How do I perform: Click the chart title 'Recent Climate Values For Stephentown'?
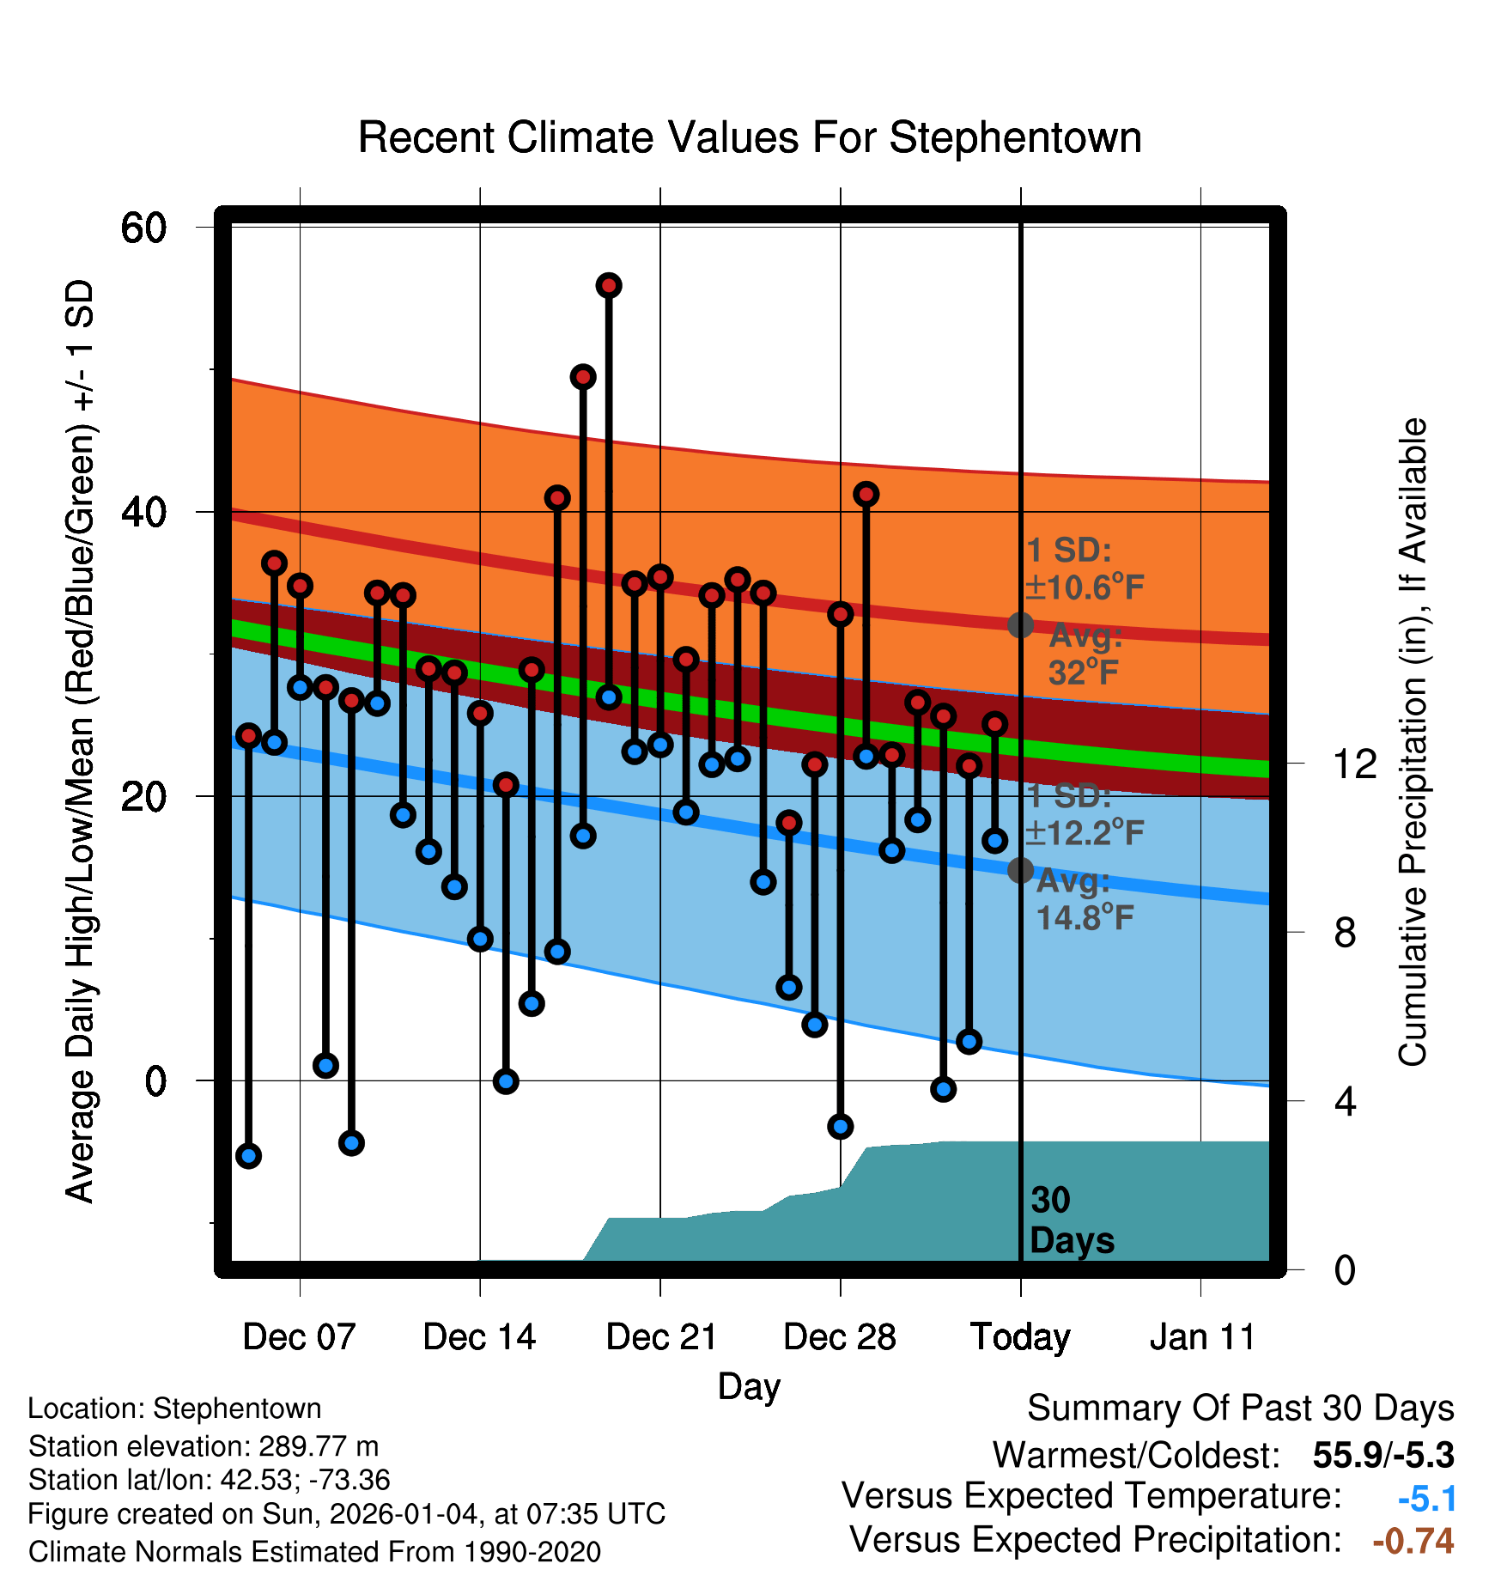coord(750,137)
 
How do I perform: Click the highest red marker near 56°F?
coord(609,285)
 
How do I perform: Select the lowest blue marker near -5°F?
coord(248,1155)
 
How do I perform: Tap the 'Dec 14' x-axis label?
coord(479,1336)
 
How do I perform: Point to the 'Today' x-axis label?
coord(1020,1336)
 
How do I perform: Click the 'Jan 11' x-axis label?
coord(1201,1336)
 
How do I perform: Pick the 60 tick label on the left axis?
coord(143,228)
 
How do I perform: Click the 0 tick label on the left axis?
coord(155,1080)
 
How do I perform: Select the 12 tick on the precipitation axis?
coord(1354,764)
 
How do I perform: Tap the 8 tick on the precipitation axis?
coord(1345,932)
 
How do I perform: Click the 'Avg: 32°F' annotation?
coord(1085,654)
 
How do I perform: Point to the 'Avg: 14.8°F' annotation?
coord(1085,900)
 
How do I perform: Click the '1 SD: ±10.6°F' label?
coord(1085,569)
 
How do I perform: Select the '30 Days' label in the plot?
coord(1071,1220)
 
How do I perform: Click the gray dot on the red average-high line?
coord(1020,624)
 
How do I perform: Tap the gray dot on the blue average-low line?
coord(1020,870)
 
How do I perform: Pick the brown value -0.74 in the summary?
coord(1413,1541)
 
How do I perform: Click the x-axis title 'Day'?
coord(749,1386)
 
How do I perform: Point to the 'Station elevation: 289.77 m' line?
coord(204,1446)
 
